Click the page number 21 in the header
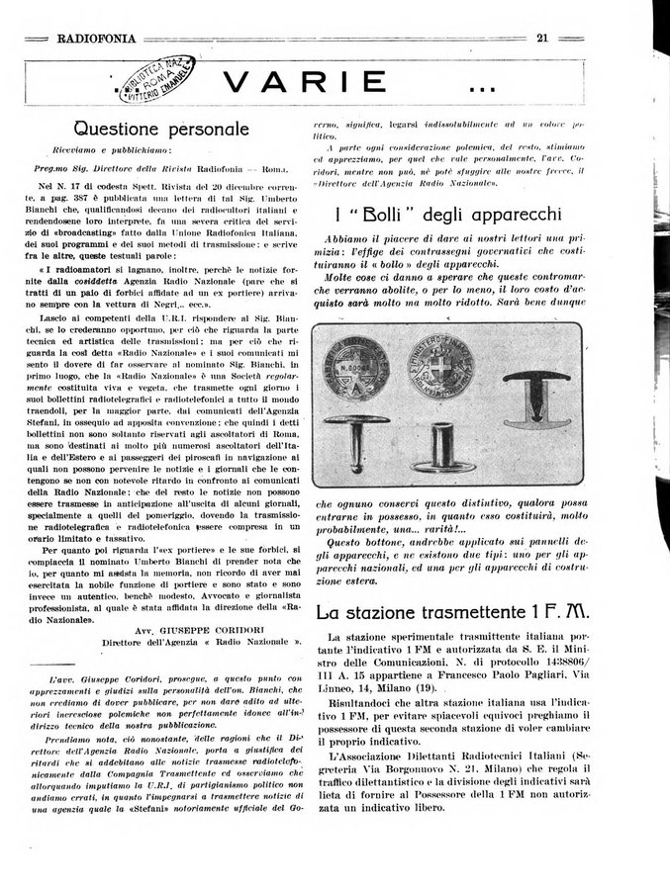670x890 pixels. (543, 40)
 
